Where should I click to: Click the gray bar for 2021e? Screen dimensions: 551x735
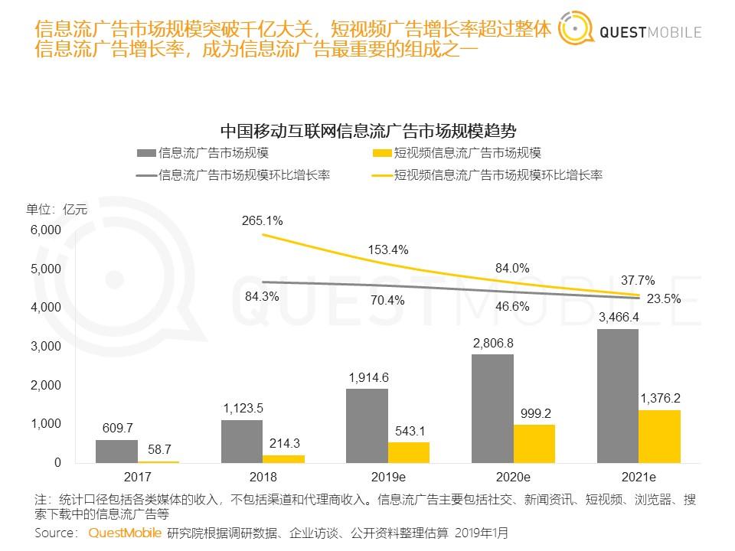(x=617, y=396)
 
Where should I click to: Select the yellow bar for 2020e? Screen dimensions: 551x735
(x=534, y=443)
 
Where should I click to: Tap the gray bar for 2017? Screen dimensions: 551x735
(x=116, y=451)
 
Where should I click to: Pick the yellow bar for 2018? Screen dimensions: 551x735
(x=283, y=458)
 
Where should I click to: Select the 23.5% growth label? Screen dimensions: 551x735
(x=662, y=299)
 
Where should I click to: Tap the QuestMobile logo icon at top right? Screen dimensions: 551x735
(x=577, y=31)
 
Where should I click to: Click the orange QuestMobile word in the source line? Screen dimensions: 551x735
(x=125, y=533)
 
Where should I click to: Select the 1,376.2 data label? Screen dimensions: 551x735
(x=658, y=398)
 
